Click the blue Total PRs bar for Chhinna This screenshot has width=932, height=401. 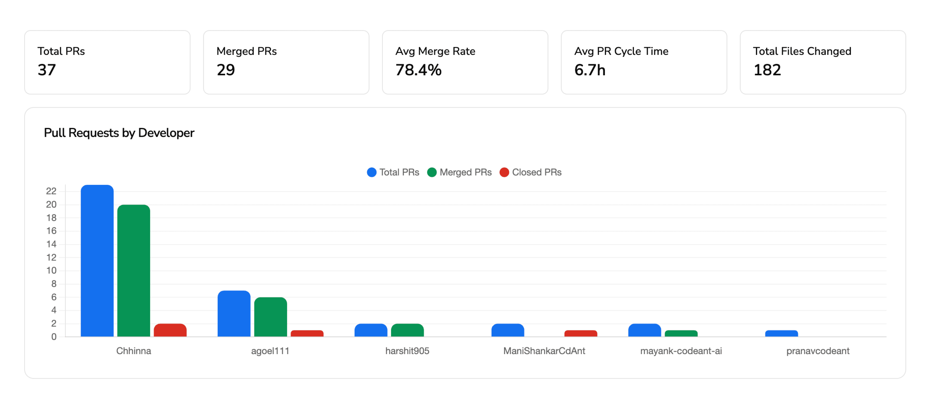point(97,261)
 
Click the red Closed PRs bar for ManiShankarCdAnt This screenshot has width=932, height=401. point(580,333)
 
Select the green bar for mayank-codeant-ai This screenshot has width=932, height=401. point(681,333)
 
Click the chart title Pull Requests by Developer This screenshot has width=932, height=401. point(119,133)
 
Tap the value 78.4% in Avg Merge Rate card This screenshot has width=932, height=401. point(418,70)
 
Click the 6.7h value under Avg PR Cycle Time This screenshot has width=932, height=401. point(590,70)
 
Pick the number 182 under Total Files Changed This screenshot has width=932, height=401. point(767,70)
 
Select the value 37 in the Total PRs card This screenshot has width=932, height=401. point(47,70)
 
